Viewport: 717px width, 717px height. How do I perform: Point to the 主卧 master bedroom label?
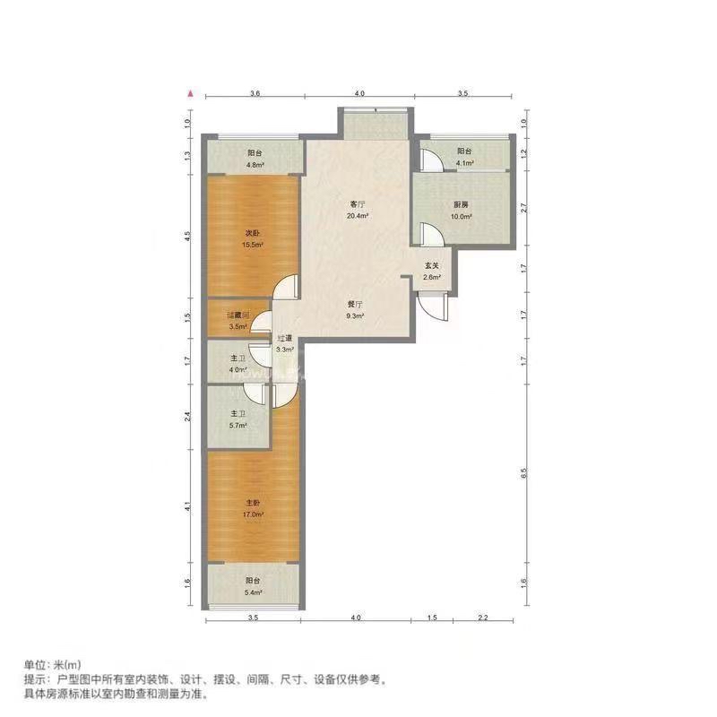[254, 503]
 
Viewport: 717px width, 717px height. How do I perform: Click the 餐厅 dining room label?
[356, 303]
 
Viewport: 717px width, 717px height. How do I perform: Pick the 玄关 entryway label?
[432, 265]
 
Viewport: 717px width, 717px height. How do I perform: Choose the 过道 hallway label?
[285, 338]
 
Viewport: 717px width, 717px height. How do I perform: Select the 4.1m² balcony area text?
[464, 163]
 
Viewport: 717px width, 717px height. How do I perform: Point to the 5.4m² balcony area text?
[254, 592]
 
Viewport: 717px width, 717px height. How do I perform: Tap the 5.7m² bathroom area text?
[238, 425]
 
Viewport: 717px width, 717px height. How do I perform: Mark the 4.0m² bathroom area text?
[238, 369]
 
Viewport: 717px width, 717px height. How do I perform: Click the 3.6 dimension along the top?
[255, 93]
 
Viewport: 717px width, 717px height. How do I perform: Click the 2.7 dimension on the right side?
[525, 209]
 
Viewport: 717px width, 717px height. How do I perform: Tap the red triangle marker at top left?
[190, 92]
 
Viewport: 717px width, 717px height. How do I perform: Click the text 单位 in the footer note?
[33, 665]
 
